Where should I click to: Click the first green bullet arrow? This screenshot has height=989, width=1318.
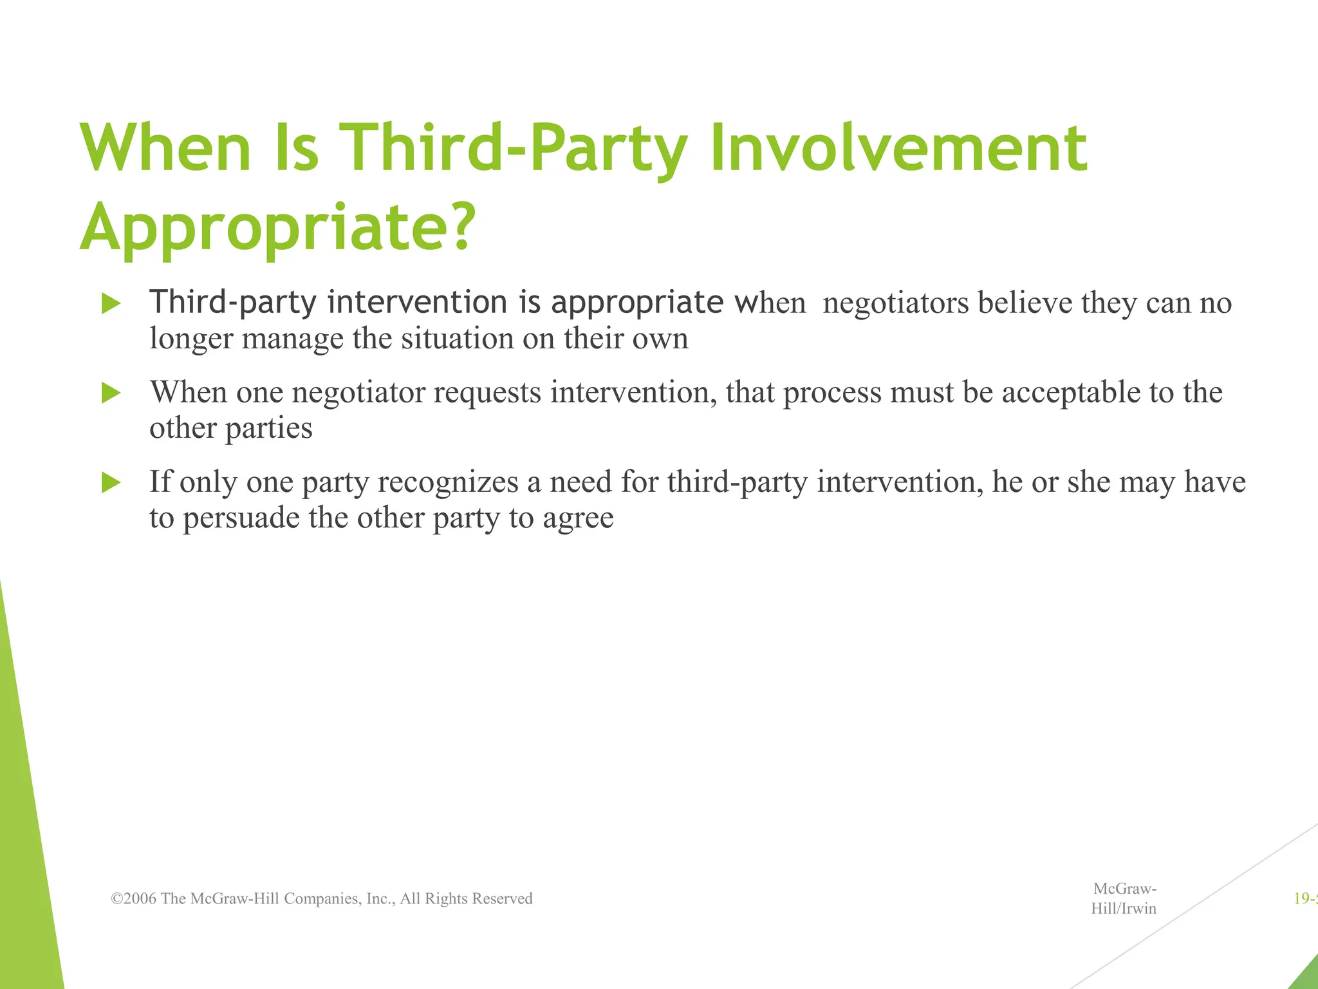[x=111, y=303]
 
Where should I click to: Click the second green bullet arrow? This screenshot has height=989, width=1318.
[x=111, y=393]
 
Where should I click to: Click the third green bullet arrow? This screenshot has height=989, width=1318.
[x=111, y=482]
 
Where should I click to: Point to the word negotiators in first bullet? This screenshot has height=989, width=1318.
[x=895, y=303]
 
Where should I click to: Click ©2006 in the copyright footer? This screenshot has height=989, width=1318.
[x=134, y=898]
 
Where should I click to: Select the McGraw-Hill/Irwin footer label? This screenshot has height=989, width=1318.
[x=1124, y=898]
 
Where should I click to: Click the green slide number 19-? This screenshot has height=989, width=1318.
[x=1305, y=898]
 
